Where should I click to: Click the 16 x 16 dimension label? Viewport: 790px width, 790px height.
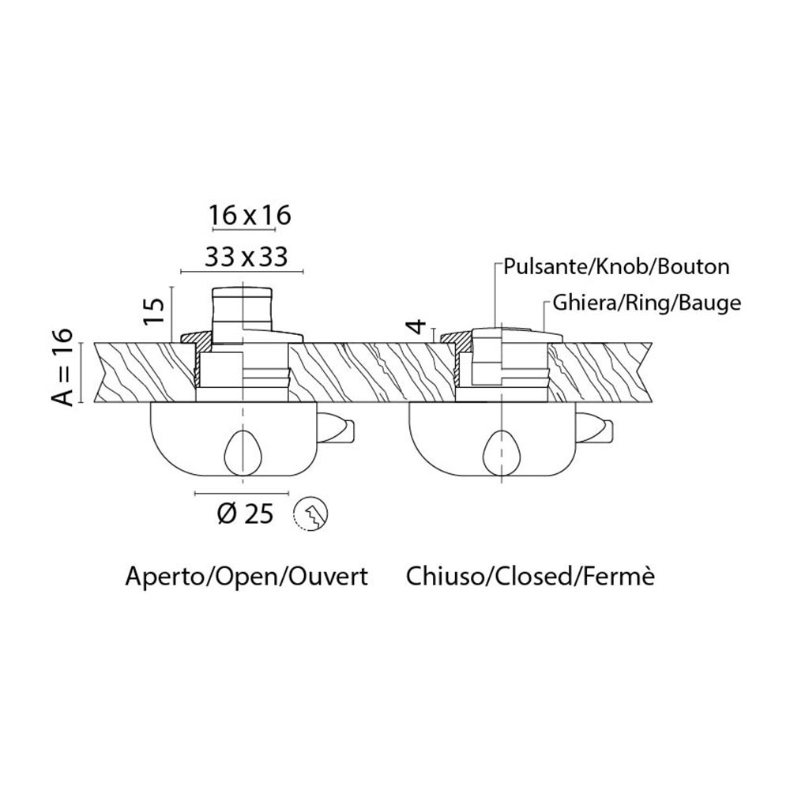(243, 214)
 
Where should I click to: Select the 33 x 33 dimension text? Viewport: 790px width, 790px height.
(243, 256)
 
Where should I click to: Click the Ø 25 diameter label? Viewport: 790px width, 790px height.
(244, 514)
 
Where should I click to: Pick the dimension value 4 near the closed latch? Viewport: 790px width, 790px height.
(420, 325)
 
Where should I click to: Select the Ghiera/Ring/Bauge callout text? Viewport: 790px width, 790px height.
(642, 303)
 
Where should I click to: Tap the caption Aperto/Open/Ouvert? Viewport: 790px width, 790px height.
(246, 577)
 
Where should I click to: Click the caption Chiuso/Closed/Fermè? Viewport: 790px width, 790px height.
(531, 577)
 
